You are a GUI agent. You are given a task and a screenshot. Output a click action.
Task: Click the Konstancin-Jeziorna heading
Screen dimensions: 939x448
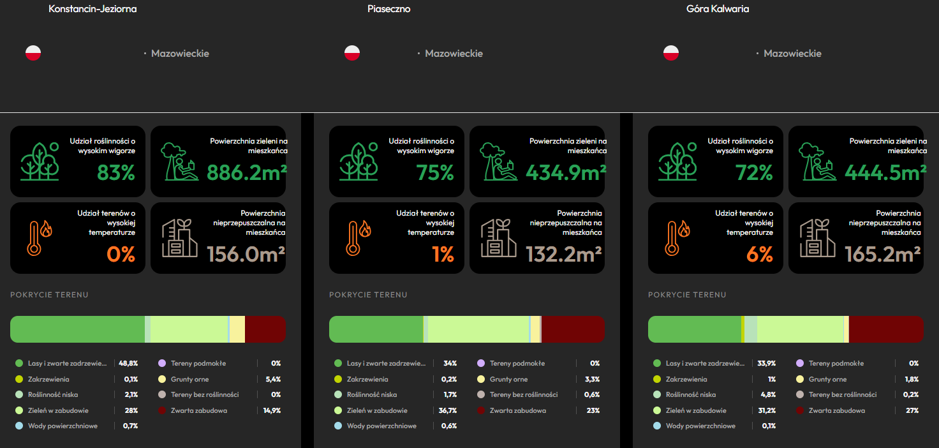pos(92,9)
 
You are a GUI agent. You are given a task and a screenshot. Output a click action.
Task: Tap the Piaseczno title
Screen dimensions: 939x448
pos(389,9)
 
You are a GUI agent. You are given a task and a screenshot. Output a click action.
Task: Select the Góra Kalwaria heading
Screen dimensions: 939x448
pos(718,9)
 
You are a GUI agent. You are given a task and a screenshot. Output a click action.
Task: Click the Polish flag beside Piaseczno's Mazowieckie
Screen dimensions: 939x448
pos(352,53)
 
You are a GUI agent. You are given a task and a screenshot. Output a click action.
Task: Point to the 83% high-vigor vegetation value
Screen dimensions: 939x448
pos(116,172)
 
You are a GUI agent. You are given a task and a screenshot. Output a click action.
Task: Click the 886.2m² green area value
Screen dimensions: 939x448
pos(246,172)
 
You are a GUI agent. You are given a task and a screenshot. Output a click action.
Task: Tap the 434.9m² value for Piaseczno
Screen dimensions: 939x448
pos(566,172)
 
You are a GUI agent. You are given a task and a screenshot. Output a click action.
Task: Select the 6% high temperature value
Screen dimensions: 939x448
pos(760,254)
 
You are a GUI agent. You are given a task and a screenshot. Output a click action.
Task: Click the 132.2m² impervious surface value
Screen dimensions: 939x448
pos(564,254)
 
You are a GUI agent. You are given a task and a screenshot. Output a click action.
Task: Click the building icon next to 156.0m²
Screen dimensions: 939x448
pos(179,238)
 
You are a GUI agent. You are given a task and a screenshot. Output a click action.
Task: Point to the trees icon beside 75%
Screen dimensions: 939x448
pos(359,161)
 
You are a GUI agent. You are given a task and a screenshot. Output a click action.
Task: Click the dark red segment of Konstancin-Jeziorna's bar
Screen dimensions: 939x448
pos(265,329)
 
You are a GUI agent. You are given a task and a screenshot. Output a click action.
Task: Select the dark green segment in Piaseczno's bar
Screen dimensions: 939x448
pos(376,329)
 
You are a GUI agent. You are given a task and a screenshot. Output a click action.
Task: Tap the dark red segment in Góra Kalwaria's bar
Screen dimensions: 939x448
pos(886,329)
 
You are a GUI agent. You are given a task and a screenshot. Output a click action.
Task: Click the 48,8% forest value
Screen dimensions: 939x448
pos(128,363)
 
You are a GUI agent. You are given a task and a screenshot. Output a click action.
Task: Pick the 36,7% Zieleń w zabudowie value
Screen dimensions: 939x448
pos(448,410)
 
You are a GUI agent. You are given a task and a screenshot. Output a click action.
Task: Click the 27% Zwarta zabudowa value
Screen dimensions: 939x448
pos(912,410)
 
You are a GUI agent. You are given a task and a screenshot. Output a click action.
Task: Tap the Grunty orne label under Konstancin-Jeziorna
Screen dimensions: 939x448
pos(190,379)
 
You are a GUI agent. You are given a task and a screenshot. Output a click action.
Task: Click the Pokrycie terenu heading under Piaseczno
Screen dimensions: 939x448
pos(368,295)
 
